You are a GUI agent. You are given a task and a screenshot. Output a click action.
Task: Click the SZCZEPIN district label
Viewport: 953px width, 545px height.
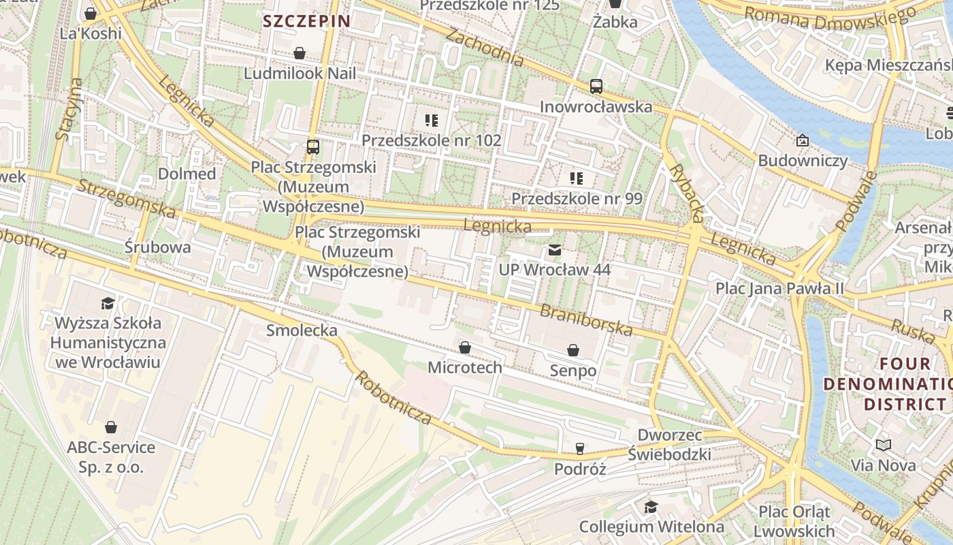tap(306, 21)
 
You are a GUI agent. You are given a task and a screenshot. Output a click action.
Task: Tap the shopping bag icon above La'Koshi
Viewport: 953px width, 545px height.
tap(91, 14)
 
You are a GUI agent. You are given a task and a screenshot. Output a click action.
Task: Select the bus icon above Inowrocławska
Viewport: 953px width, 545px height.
tap(596, 87)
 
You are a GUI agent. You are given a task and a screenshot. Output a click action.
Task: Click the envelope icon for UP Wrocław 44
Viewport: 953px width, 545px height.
tap(555, 250)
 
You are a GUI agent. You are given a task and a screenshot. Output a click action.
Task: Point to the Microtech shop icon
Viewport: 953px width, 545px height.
tap(465, 348)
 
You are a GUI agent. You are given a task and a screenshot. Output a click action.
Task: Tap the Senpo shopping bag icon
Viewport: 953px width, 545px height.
tap(573, 350)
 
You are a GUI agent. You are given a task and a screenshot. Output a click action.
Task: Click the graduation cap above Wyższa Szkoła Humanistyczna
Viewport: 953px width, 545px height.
tap(108, 302)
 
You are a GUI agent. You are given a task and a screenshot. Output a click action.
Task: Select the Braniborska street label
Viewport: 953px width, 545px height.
tap(586, 320)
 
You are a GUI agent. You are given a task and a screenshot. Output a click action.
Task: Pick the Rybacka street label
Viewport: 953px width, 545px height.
tap(685, 193)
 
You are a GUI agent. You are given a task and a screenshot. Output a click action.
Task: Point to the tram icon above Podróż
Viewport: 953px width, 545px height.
tap(579, 448)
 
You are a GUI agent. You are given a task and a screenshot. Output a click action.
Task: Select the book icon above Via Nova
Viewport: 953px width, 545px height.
tap(884, 446)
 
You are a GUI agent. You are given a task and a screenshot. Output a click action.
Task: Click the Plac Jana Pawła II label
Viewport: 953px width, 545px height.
tap(779, 288)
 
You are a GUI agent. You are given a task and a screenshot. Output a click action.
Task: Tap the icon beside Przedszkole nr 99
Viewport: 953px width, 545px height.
tap(577, 178)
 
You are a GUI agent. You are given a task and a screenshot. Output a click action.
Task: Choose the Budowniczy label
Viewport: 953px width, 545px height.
tap(803, 161)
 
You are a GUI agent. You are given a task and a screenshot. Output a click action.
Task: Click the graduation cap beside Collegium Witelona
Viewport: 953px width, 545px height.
tap(651, 507)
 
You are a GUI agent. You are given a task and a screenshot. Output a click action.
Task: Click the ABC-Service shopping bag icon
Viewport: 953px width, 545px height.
tap(111, 428)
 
